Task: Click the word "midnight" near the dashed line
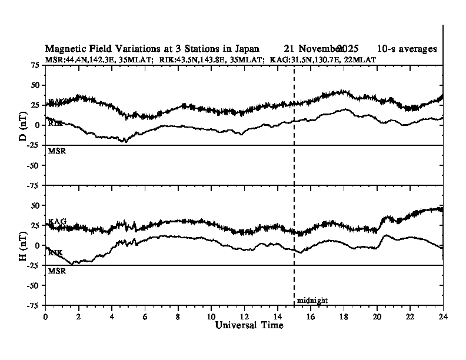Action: pyautogui.click(x=312, y=301)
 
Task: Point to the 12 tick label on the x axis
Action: pyautogui.click(x=244, y=316)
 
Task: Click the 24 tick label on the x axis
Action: pyautogui.click(x=442, y=316)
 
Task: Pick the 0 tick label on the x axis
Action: pyautogui.click(x=46, y=316)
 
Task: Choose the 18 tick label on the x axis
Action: pyautogui.click(x=344, y=316)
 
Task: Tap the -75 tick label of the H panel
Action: pyautogui.click(x=34, y=305)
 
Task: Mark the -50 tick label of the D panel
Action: pyautogui.click(x=34, y=165)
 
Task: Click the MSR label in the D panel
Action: pyautogui.click(x=56, y=151)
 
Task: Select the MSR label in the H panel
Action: pyautogui.click(x=56, y=271)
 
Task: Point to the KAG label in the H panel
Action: pyautogui.click(x=57, y=222)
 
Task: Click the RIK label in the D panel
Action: pyautogui.click(x=55, y=124)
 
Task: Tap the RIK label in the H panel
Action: pyautogui.click(x=55, y=252)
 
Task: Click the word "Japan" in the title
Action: pyautogui.click(x=244, y=48)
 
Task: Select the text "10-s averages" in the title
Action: pyautogui.click(x=407, y=48)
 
